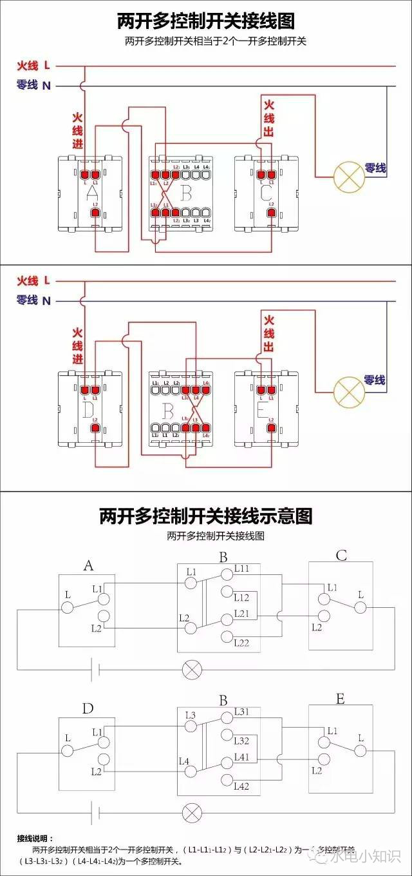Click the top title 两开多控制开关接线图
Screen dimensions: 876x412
click(x=206, y=21)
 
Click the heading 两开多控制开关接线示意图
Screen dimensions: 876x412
click(x=206, y=516)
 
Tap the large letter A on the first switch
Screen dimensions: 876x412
click(x=92, y=193)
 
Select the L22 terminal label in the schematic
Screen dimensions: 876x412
click(x=242, y=643)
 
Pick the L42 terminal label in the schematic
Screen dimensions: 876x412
click(x=241, y=786)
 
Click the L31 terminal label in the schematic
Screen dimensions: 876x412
click(x=241, y=712)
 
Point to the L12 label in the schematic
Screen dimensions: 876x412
click(x=242, y=598)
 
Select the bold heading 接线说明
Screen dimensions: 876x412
click(x=36, y=839)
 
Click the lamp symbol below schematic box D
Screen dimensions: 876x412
click(x=191, y=812)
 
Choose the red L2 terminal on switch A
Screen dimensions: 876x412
click(x=95, y=213)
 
